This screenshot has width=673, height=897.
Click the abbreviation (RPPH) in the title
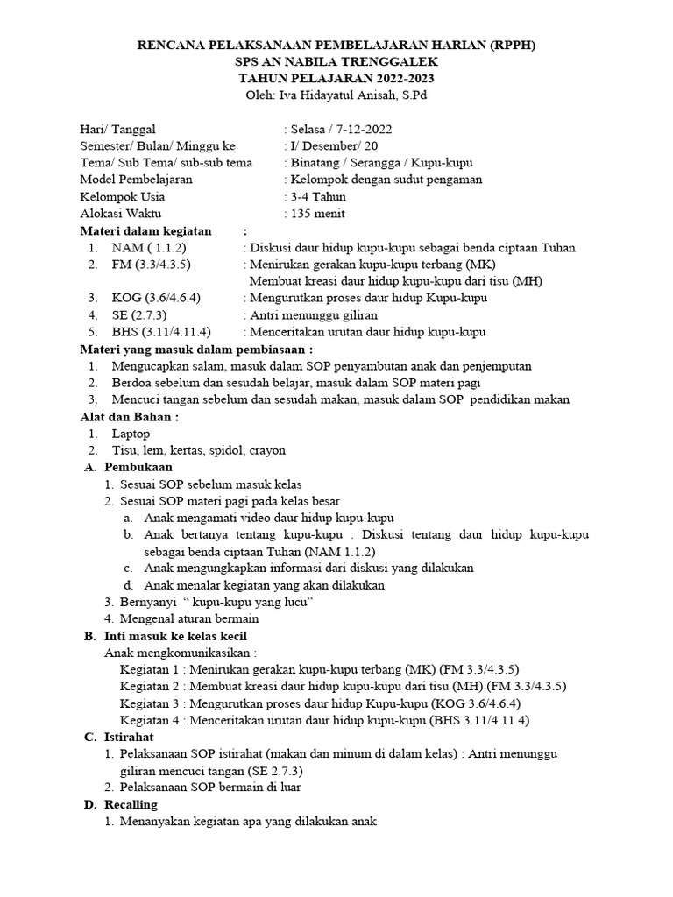click(507, 46)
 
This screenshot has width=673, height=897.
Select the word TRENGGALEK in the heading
click(384, 62)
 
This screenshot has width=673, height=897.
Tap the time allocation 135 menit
click(317, 214)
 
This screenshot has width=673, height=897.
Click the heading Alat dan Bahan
click(130, 417)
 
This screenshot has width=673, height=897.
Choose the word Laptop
click(131, 434)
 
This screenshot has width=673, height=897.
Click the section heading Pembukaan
click(141, 468)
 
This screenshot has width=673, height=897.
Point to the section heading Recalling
click(131, 805)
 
